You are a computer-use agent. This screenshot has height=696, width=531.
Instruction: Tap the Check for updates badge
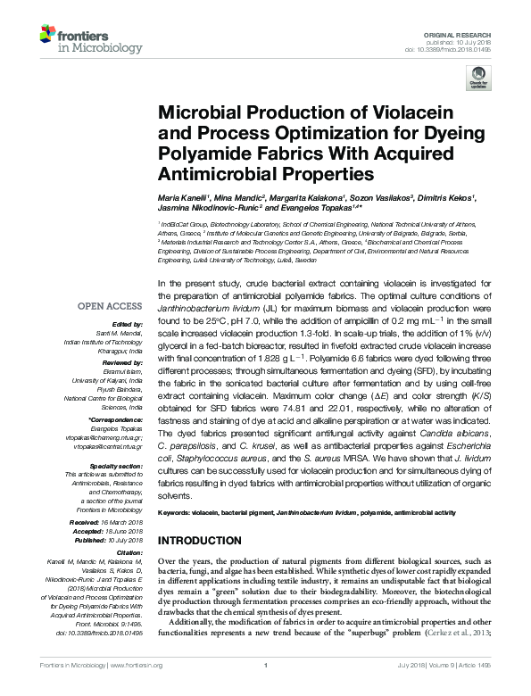coord(478,80)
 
